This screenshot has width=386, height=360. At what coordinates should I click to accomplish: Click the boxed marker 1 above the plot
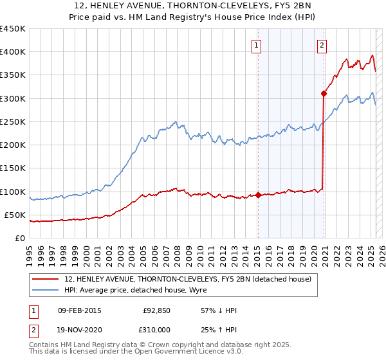(x=257, y=45)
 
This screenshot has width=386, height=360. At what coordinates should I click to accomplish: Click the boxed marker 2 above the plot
(x=321, y=45)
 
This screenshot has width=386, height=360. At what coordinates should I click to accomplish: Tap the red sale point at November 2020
(x=324, y=94)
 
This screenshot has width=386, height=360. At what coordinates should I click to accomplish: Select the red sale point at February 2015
(x=258, y=195)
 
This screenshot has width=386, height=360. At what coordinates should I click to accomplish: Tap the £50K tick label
(x=15, y=215)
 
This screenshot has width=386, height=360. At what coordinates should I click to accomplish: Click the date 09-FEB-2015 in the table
(x=80, y=310)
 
